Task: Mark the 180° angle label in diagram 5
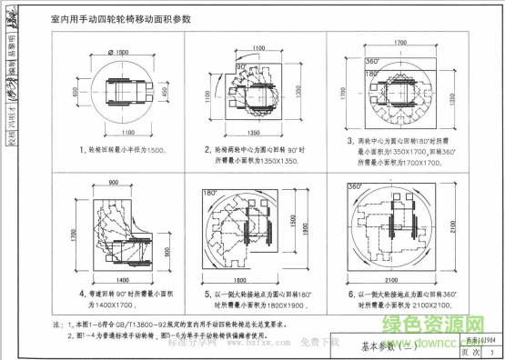209,195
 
